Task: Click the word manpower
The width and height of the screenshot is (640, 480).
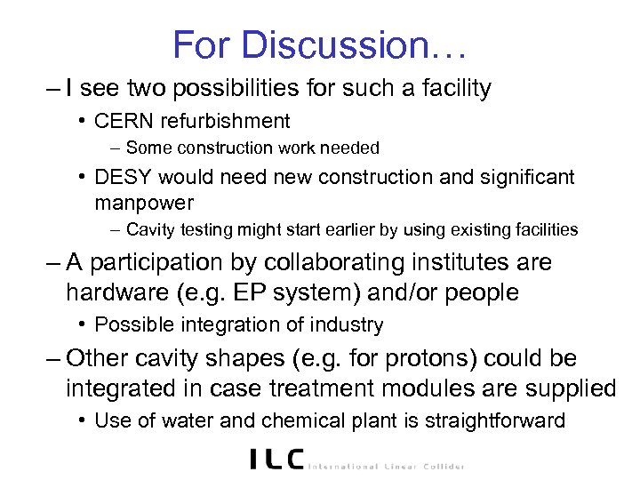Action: [x=143, y=202]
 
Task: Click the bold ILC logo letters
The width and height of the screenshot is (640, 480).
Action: [x=276, y=459]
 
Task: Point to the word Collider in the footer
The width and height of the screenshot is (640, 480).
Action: [x=441, y=465]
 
